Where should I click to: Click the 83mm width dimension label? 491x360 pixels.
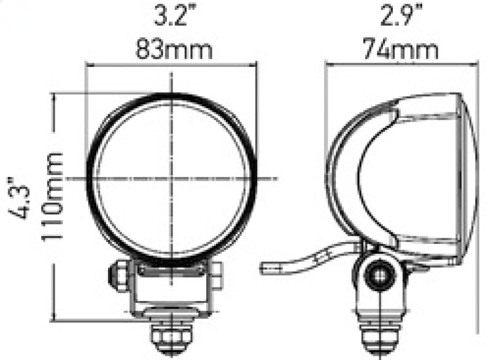pyautogui.click(x=174, y=49)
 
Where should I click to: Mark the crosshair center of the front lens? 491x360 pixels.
pyautogui.click(x=172, y=178)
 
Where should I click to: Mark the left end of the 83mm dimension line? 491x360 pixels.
pyautogui.click(x=87, y=63)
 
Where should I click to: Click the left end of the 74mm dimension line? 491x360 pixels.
pyautogui.click(x=325, y=63)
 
